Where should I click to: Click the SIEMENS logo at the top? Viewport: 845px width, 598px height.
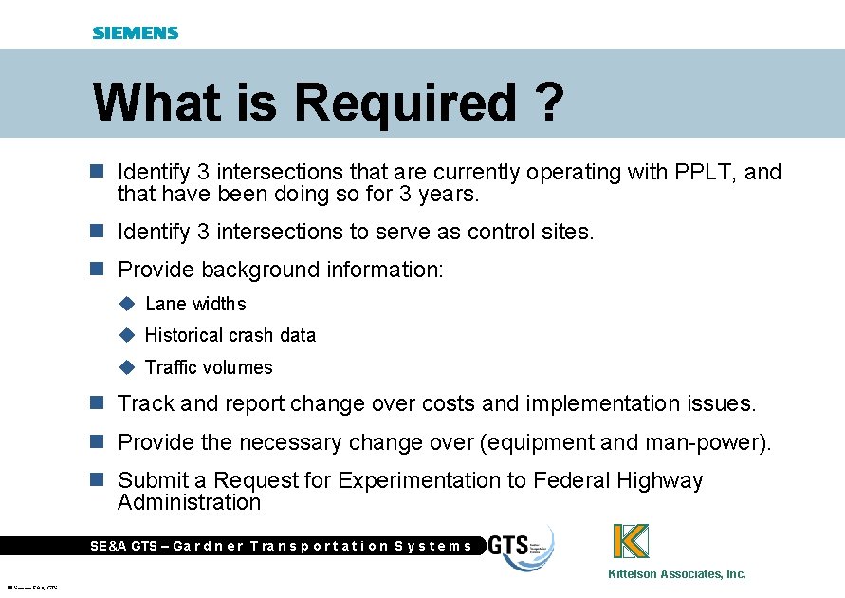[136, 33]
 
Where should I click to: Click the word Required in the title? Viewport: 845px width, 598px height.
[407, 103]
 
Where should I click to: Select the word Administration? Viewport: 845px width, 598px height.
[189, 502]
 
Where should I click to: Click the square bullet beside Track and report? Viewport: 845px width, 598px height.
[95, 403]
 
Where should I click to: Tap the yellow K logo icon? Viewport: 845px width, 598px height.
[631, 541]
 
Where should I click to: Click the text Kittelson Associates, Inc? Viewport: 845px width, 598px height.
[676, 573]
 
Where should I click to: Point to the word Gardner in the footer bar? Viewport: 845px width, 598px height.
[209, 546]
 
